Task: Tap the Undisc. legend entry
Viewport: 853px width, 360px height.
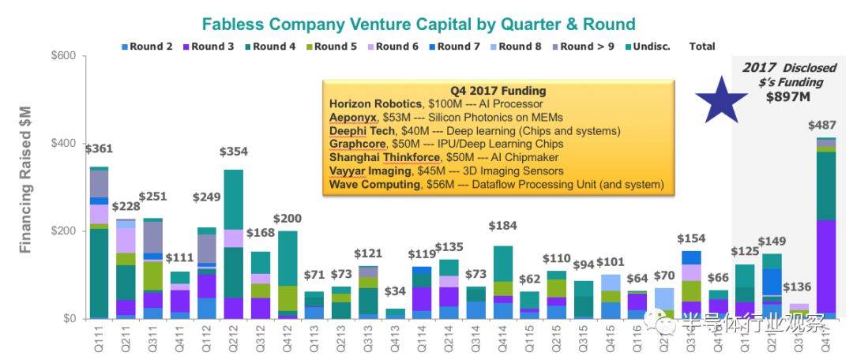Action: coord(651,47)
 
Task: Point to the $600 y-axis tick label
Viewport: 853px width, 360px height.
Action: coord(63,56)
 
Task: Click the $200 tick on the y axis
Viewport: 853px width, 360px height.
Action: coord(63,231)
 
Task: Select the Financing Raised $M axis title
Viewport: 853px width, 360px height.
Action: coord(25,188)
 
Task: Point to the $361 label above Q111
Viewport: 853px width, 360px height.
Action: coord(100,148)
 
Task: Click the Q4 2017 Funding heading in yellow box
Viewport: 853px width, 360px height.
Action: coord(498,91)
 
